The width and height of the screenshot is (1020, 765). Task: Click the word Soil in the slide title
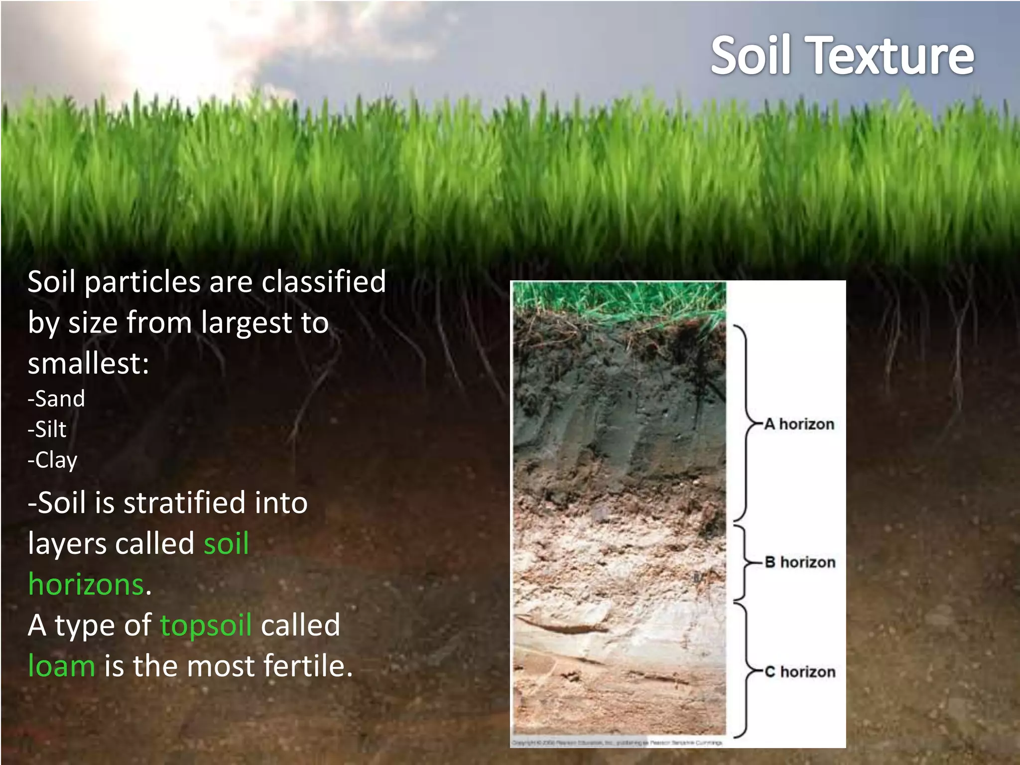point(751,56)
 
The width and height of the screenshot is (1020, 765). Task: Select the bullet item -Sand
point(56,399)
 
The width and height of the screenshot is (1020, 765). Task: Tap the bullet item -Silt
point(47,429)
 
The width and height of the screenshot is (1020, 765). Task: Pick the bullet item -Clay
point(53,460)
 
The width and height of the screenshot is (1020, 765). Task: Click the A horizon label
point(799,424)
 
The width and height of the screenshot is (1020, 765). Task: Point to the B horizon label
point(800,562)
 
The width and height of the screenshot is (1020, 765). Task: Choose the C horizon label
point(800,672)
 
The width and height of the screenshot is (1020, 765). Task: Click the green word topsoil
point(206,626)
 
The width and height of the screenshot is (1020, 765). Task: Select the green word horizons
point(86,584)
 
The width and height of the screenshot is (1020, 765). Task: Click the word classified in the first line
point(324,282)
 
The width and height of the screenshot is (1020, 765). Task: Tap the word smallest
point(88,364)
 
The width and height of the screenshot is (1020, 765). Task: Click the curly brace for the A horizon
point(745,423)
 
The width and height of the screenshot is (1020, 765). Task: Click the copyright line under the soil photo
point(617,743)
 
